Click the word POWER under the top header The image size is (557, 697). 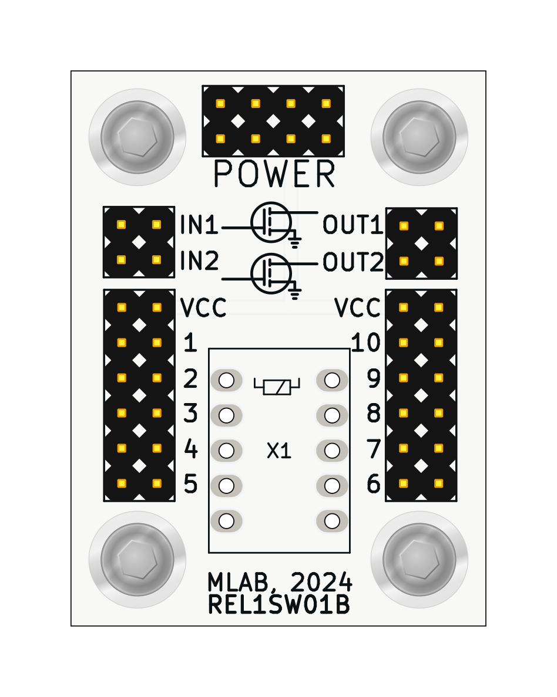coord(274,174)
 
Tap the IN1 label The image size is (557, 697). coord(199,225)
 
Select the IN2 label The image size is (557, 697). coord(199,261)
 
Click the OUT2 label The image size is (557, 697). coord(353,263)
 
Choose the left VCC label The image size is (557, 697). coord(203,307)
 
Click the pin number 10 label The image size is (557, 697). coord(365,343)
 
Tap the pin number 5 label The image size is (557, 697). coord(190,485)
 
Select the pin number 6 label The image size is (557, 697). coord(374,485)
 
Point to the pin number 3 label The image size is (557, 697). coord(190,414)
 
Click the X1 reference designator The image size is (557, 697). coord(279,451)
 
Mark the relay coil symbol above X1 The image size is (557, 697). coord(277,386)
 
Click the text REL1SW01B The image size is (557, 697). coord(279,605)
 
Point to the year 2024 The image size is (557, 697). coord(321,583)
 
